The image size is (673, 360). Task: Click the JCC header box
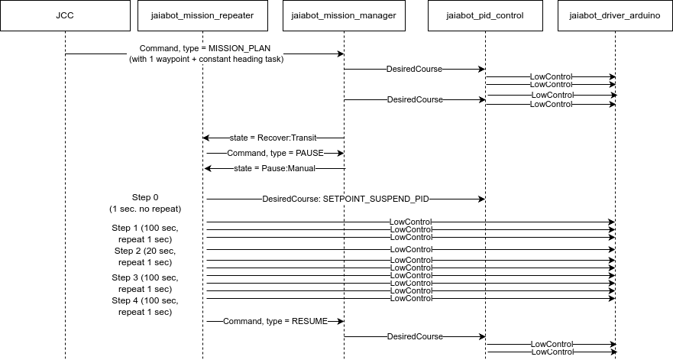click(x=65, y=15)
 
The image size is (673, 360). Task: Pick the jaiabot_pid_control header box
click(x=486, y=15)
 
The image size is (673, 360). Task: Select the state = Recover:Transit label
click(x=273, y=138)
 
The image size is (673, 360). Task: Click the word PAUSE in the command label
click(x=309, y=153)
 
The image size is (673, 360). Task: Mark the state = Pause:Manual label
click(x=274, y=168)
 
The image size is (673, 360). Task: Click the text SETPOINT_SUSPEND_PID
click(x=376, y=199)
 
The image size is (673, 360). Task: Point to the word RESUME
click(x=309, y=321)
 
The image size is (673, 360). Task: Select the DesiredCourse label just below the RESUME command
click(x=415, y=336)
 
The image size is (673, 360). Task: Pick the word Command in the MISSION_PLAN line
click(x=158, y=48)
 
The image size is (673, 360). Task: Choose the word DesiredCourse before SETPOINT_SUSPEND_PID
click(x=290, y=199)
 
